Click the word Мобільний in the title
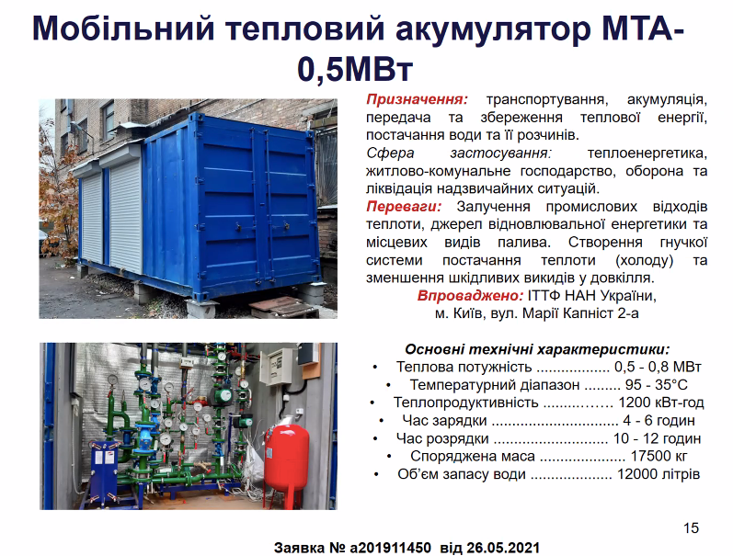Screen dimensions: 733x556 click(124, 29)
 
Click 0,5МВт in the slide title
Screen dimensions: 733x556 click(355, 69)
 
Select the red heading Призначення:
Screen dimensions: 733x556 click(417, 99)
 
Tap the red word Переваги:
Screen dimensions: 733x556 click(404, 207)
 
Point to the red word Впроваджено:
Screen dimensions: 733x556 click(470, 296)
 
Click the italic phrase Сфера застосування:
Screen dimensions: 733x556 click(459, 153)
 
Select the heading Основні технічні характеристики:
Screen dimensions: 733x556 click(537, 349)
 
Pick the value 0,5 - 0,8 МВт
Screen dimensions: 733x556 click(658, 368)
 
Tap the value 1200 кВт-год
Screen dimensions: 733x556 click(661, 403)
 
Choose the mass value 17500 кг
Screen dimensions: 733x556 click(659, 456)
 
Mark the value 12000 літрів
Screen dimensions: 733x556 click(659, 474)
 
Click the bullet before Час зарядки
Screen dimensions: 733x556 click(382, 421)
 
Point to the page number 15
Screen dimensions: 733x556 click(691, 528)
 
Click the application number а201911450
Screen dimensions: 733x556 click(390, 548)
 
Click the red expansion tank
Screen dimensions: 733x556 click(287, 463)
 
